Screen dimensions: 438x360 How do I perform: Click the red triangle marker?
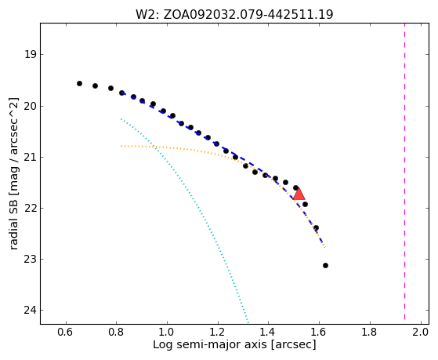299,195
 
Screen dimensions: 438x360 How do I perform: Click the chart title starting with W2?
234,14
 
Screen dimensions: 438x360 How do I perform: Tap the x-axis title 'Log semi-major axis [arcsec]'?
234,344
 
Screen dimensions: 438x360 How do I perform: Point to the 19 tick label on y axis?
31,54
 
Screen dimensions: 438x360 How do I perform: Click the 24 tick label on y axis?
31,311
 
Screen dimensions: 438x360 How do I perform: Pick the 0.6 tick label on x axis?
66,332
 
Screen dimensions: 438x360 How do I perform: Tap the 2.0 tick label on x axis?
420,332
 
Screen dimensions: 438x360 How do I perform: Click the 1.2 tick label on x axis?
218,332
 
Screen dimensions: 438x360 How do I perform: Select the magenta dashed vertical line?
404,171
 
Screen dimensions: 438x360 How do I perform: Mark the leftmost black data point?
79,83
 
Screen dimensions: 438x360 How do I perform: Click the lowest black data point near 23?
325,265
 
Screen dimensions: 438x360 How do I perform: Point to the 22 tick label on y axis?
31,208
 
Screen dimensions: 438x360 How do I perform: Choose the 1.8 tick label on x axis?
370,332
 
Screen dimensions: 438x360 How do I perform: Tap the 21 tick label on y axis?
31,157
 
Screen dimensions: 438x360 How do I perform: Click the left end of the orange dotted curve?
121,146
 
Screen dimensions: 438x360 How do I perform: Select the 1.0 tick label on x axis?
167,332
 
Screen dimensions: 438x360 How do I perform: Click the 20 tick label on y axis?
31,106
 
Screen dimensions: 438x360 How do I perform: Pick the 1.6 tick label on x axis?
319,332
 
